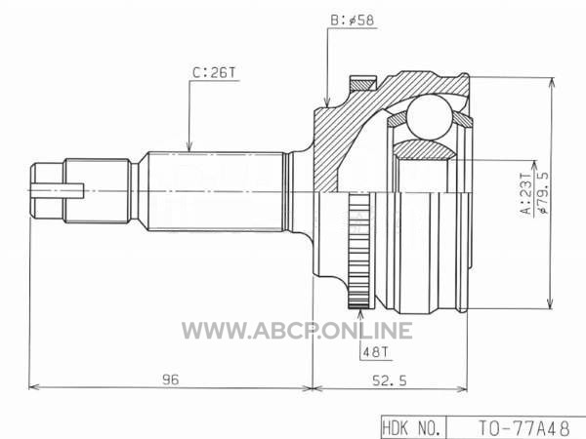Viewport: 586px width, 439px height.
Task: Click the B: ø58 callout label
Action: tap(352, 20)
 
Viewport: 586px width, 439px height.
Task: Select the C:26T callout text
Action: tap(214, 73)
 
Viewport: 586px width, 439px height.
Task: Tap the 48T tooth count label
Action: tap(376, 351)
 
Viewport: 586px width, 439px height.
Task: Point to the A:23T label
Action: tap(526, 193)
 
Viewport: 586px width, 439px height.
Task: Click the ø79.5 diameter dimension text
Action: tap(542, 192)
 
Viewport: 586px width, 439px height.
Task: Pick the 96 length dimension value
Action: tap(171, 379)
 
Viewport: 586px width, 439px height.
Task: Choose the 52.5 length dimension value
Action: tap(390, 380)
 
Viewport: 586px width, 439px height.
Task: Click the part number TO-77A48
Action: tap(524, 427)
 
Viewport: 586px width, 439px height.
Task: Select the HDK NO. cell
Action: tap(413, 427)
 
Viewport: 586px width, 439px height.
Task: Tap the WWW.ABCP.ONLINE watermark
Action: tap(297, 331)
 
